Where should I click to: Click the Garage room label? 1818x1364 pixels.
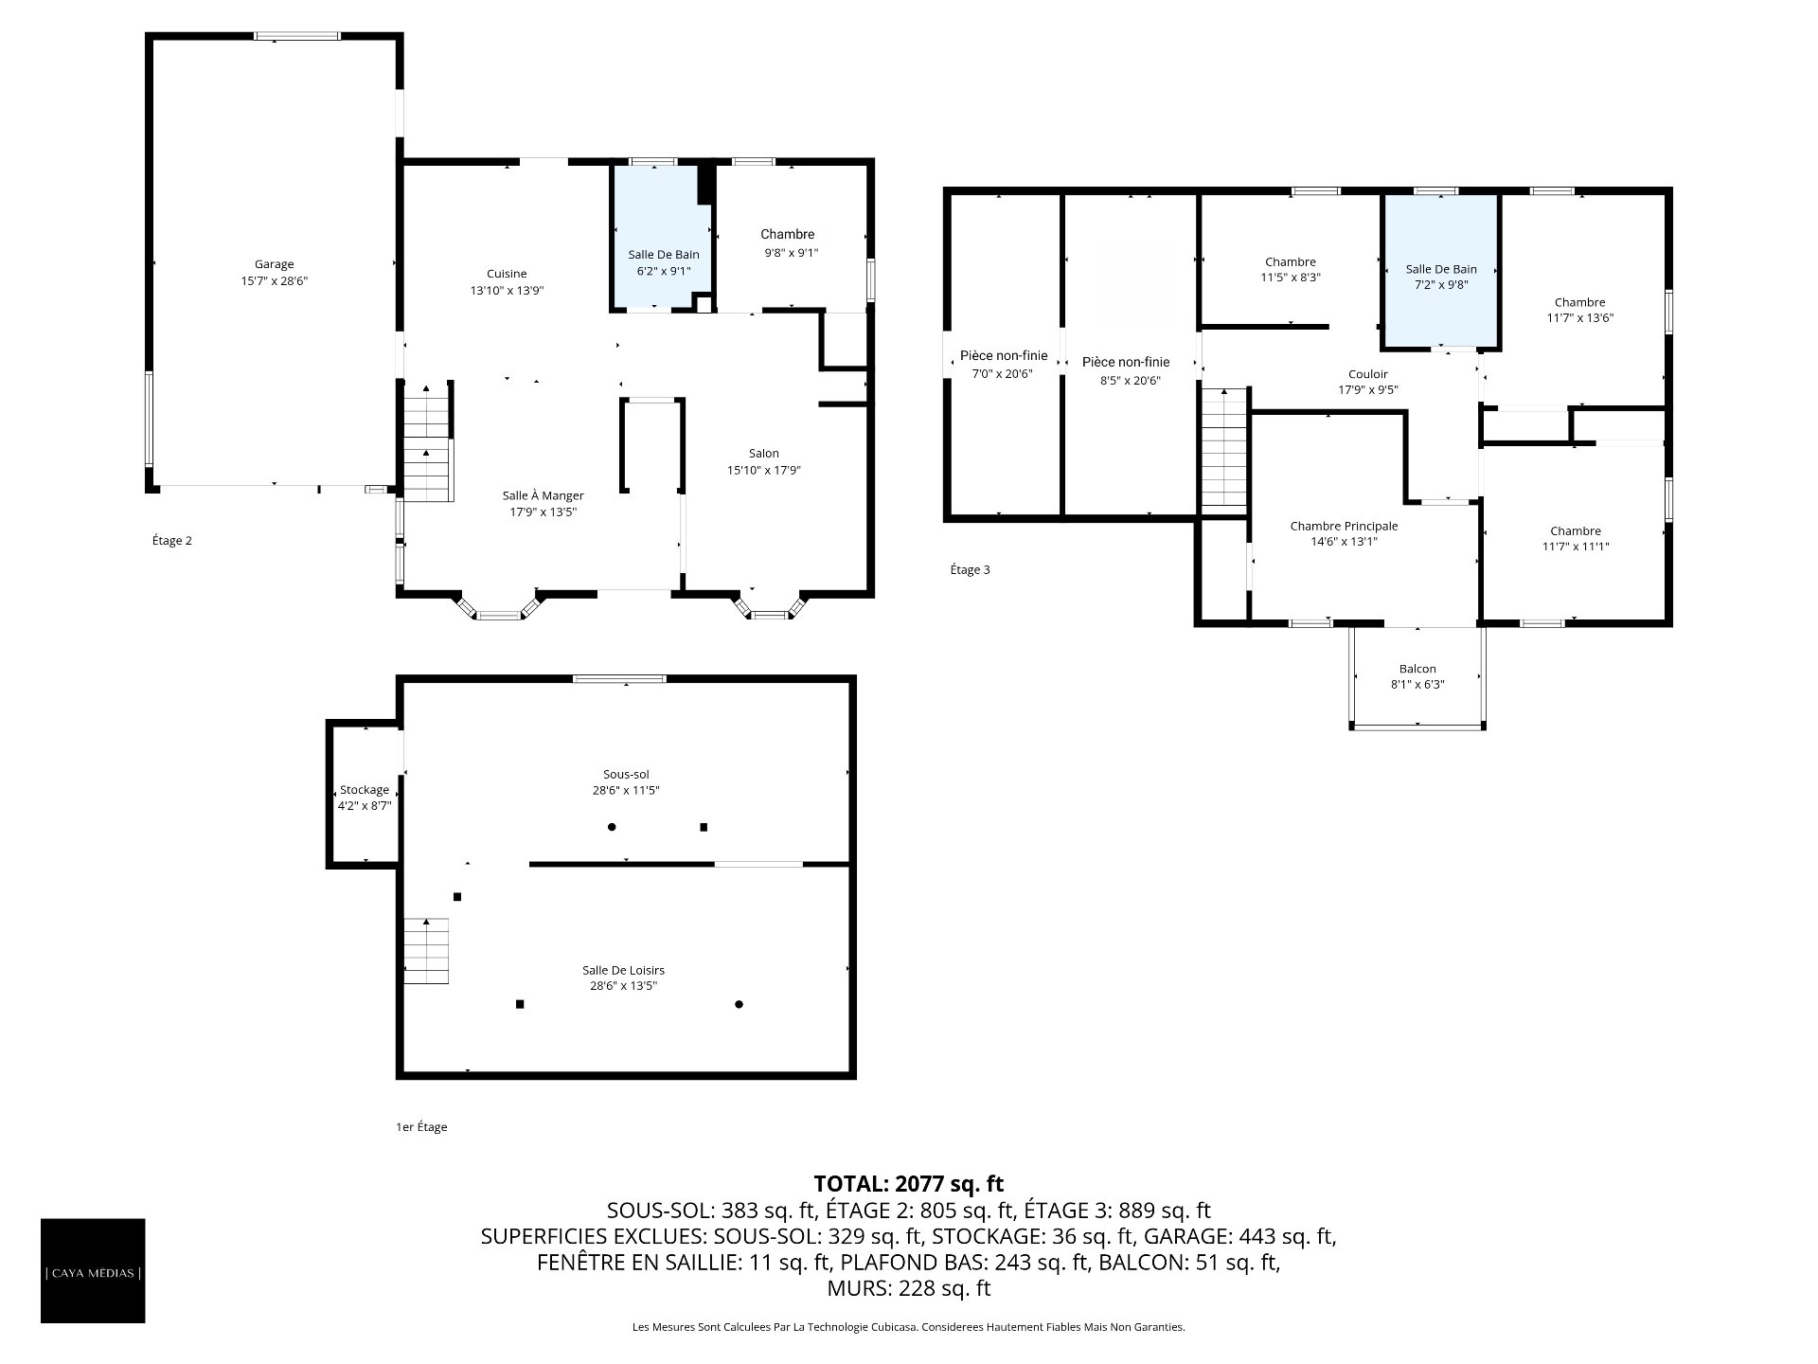click(x=274, y=264)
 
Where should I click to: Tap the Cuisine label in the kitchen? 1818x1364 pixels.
click(x=507, y=274)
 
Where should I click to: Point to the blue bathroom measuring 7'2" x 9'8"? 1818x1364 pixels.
click(x=1440, y=271)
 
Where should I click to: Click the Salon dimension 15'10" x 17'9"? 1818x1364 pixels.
click(x=764, y=470)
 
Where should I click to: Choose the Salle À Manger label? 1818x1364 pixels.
click(x=543, y=495)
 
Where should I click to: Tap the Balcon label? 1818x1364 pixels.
click(x=1417, y=669)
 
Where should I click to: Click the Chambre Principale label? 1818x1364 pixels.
click(x=1344, y=526)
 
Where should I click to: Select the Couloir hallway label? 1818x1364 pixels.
click(x=1367, y=374)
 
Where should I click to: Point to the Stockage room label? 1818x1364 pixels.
click(x=365, y=790)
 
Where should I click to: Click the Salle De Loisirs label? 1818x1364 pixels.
click(x=623, y=970)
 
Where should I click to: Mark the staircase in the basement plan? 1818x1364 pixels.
click(x=426, y=951)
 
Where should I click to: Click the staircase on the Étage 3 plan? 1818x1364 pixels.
click(x=1225, y=449)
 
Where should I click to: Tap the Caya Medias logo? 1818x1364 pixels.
click(x=93, y=1270)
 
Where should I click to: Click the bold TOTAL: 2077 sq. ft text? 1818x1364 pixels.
click(x=909, y=1183)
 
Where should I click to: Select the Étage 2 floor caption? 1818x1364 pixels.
click(x=172, y=541)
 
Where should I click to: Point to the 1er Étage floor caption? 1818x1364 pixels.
click(x=421, y=1127)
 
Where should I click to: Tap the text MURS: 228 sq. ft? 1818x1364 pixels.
click(x=909, y=1288)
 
